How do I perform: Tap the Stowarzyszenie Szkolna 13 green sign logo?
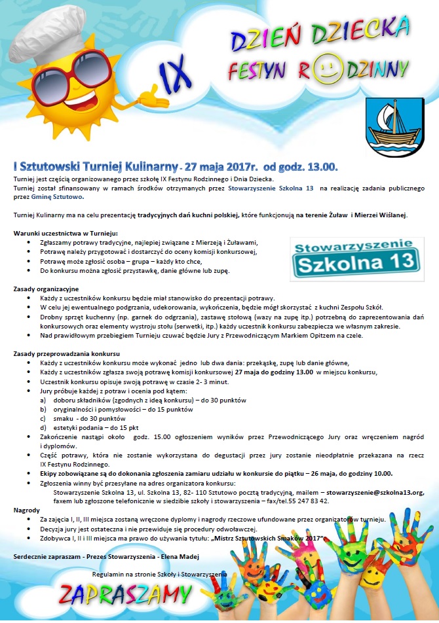(355, 256)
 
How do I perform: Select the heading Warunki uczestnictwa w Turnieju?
(66, 233)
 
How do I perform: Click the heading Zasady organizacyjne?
(46, 289)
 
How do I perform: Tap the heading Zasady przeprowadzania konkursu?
(66, 353)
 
